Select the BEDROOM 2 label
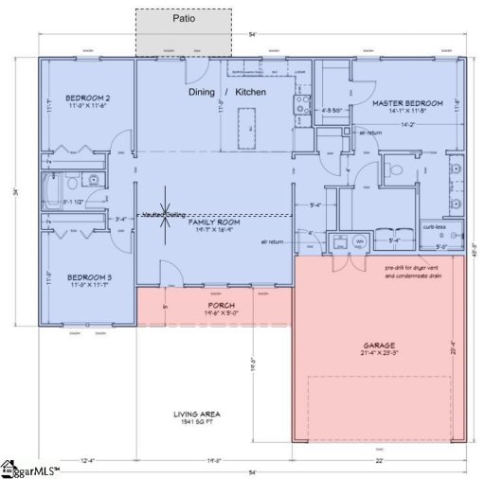tap(87, 98)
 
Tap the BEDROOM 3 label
tap(88, 278)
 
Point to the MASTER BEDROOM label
tap(407, 102)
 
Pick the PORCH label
tap(213, 306)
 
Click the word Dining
tap(203, 93)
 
